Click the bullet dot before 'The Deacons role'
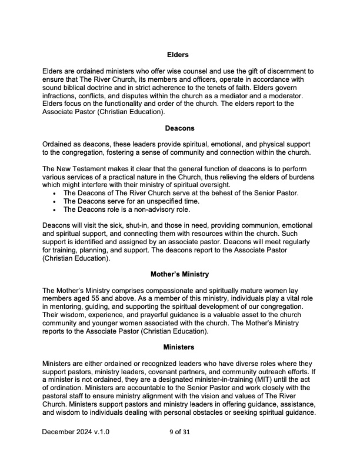55,209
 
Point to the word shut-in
133,226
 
